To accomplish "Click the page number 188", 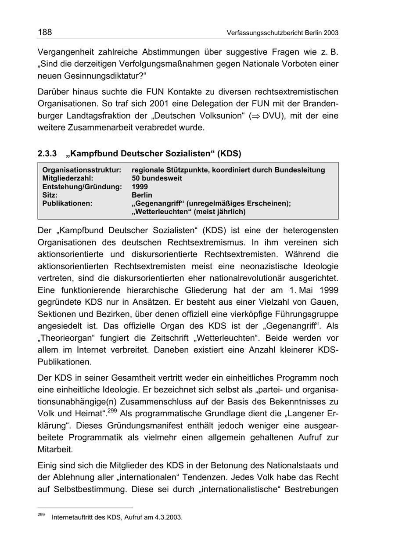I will tap(45, 32).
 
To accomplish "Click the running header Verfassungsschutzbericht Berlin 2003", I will tap(283, 33).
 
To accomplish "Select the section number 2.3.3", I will tap(47, 154).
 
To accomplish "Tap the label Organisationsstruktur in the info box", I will tap(81, 170).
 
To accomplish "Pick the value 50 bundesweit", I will tap(157, 178).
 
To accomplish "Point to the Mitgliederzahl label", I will tap(68, 178).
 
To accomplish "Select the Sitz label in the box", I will tap(50, 195).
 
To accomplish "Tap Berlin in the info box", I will tap(142, 195).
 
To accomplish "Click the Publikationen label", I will tap(67, 203).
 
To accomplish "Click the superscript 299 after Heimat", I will tap(112, 411).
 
